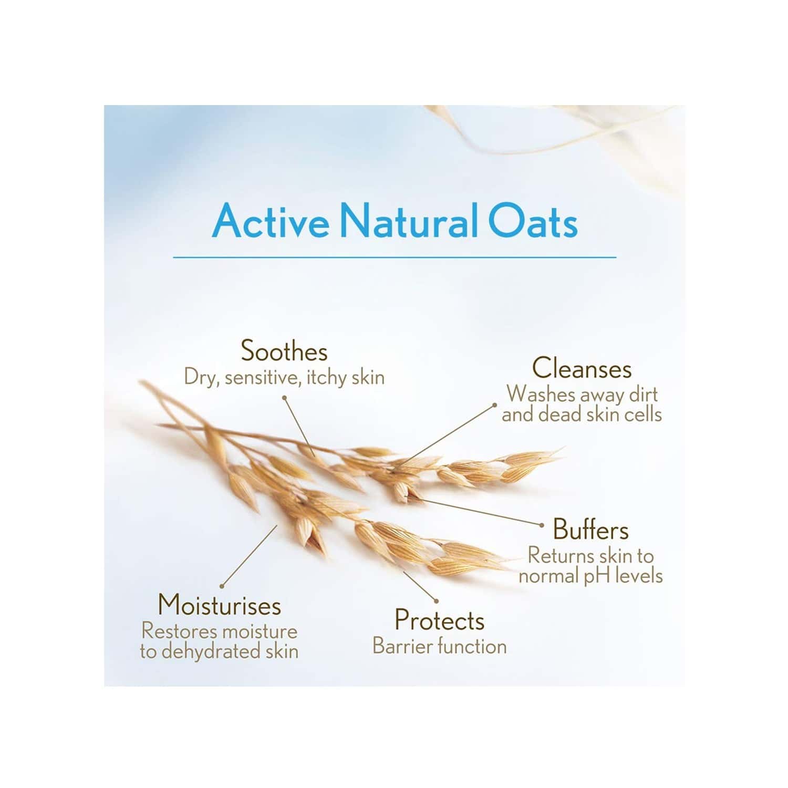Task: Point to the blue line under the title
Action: click(x=395, y=257)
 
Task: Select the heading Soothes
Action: click(x=284, y=352)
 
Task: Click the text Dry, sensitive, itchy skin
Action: click(x=284, y=378)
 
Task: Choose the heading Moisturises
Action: click(x=220, y=606)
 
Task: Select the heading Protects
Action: click(x=439, y=620)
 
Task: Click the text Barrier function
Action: click(x=439, y=646)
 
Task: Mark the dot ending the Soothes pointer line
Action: click(x=284, y=398)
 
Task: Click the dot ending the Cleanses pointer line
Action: click(x=494, y=405)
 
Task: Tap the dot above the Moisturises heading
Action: click(x=223, y=586)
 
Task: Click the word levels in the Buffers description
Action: click(x=640, y=576)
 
